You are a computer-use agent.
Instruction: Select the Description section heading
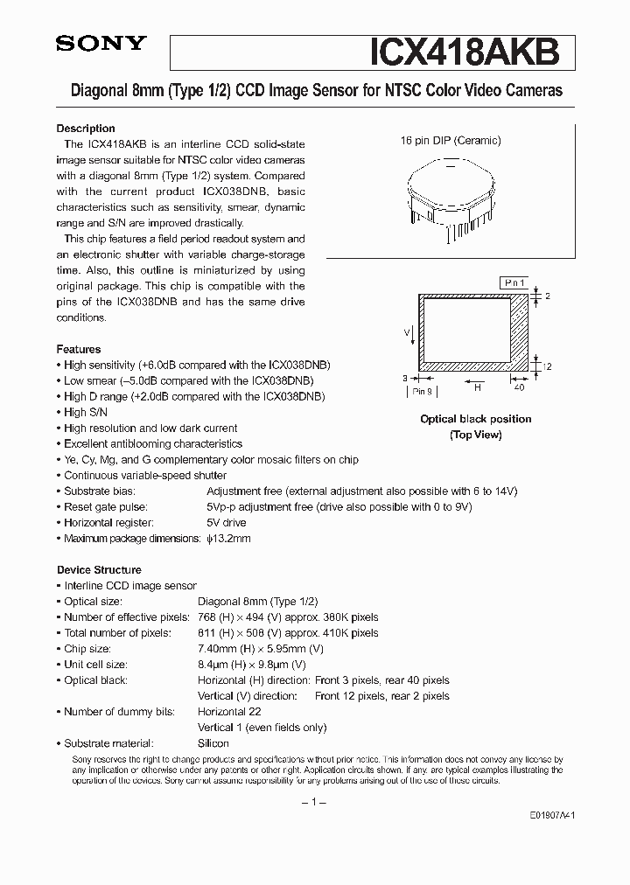pyautogui.click(x=86, y=129)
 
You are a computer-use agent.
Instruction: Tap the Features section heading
pyautogui.click(x=79, y=349)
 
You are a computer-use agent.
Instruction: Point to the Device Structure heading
pyautogui.click(x=99, y=569)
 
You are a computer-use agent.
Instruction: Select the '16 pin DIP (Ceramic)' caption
pyautogui.click(x=451, y=140)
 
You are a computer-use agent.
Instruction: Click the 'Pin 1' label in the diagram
pyautogui.click(x=513, y=282)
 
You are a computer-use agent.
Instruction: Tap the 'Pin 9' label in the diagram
pyautogui.click(x=423, y=393)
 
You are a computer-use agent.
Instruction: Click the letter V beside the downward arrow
pyautogui.click(x=407, y=333)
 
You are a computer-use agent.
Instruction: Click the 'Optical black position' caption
pyautogui.click(x=475, y=419)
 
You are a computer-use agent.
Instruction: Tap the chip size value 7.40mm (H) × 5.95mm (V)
pyautogui.click(x=261, y=649)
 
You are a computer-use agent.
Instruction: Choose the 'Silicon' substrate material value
pyautogui.click(x=213, y=743)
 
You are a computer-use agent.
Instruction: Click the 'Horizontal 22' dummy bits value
pyautogui.click(x=229, y=712)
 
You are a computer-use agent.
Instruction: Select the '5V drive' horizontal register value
pyautogui.click(x=227, y=522)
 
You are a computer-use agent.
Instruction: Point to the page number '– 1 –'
pyautogui.click(x=314, y=802)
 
